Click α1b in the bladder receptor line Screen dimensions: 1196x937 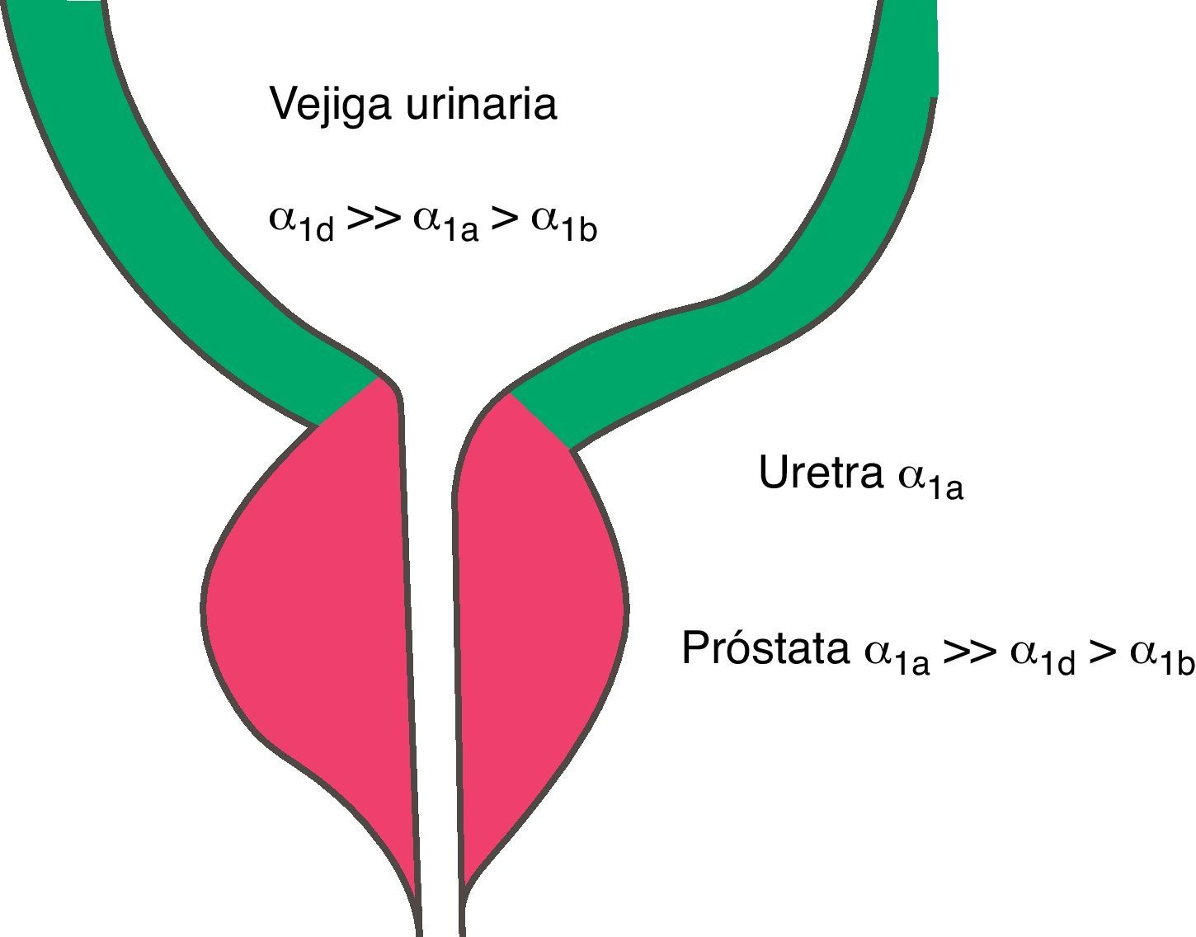tap(563, 223)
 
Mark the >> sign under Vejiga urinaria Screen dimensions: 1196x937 tap(374, 219)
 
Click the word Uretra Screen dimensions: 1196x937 tap(820, 473)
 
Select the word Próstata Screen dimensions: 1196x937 tap(765, 648)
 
